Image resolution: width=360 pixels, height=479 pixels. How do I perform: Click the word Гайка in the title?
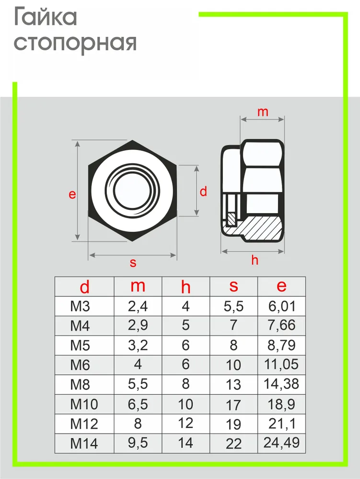coord(46,17)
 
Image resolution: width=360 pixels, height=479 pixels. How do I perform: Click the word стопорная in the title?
coord(75,44)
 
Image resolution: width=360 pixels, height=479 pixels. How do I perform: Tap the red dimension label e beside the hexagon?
coord(72,194)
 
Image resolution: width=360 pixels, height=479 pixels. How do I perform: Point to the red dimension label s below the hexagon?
coord(133,262)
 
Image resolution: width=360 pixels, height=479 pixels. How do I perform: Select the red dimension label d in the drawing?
coord(203,191)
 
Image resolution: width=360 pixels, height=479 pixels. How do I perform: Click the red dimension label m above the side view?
coord(263,112)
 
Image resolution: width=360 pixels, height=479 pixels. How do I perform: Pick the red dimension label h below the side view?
coord(255,260)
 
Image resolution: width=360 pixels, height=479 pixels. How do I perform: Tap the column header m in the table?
coord(138,286)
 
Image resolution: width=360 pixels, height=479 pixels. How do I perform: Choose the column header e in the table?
coord(281,286)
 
